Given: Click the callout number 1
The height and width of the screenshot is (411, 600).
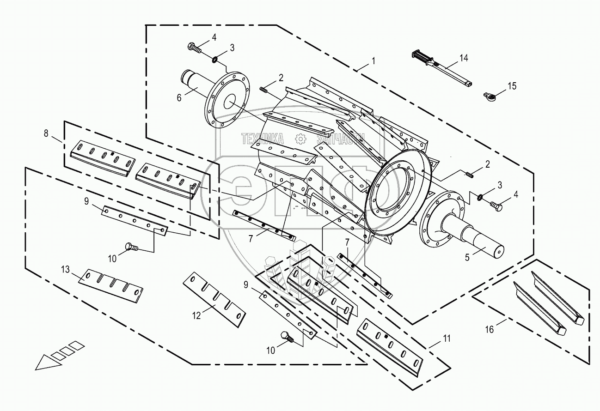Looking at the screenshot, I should [373, 60].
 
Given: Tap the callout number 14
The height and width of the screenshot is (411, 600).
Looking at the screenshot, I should [464, 58].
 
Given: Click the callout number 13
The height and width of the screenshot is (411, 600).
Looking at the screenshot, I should [66, 269].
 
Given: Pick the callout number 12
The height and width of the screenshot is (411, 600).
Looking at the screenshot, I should [197, 315].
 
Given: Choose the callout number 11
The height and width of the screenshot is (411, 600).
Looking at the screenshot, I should [446, 339].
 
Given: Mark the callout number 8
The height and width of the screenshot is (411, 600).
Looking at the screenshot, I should [46, 133].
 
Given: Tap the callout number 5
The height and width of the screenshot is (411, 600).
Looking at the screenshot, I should [467, 257].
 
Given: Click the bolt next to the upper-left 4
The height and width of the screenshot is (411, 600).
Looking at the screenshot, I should [195, 48].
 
